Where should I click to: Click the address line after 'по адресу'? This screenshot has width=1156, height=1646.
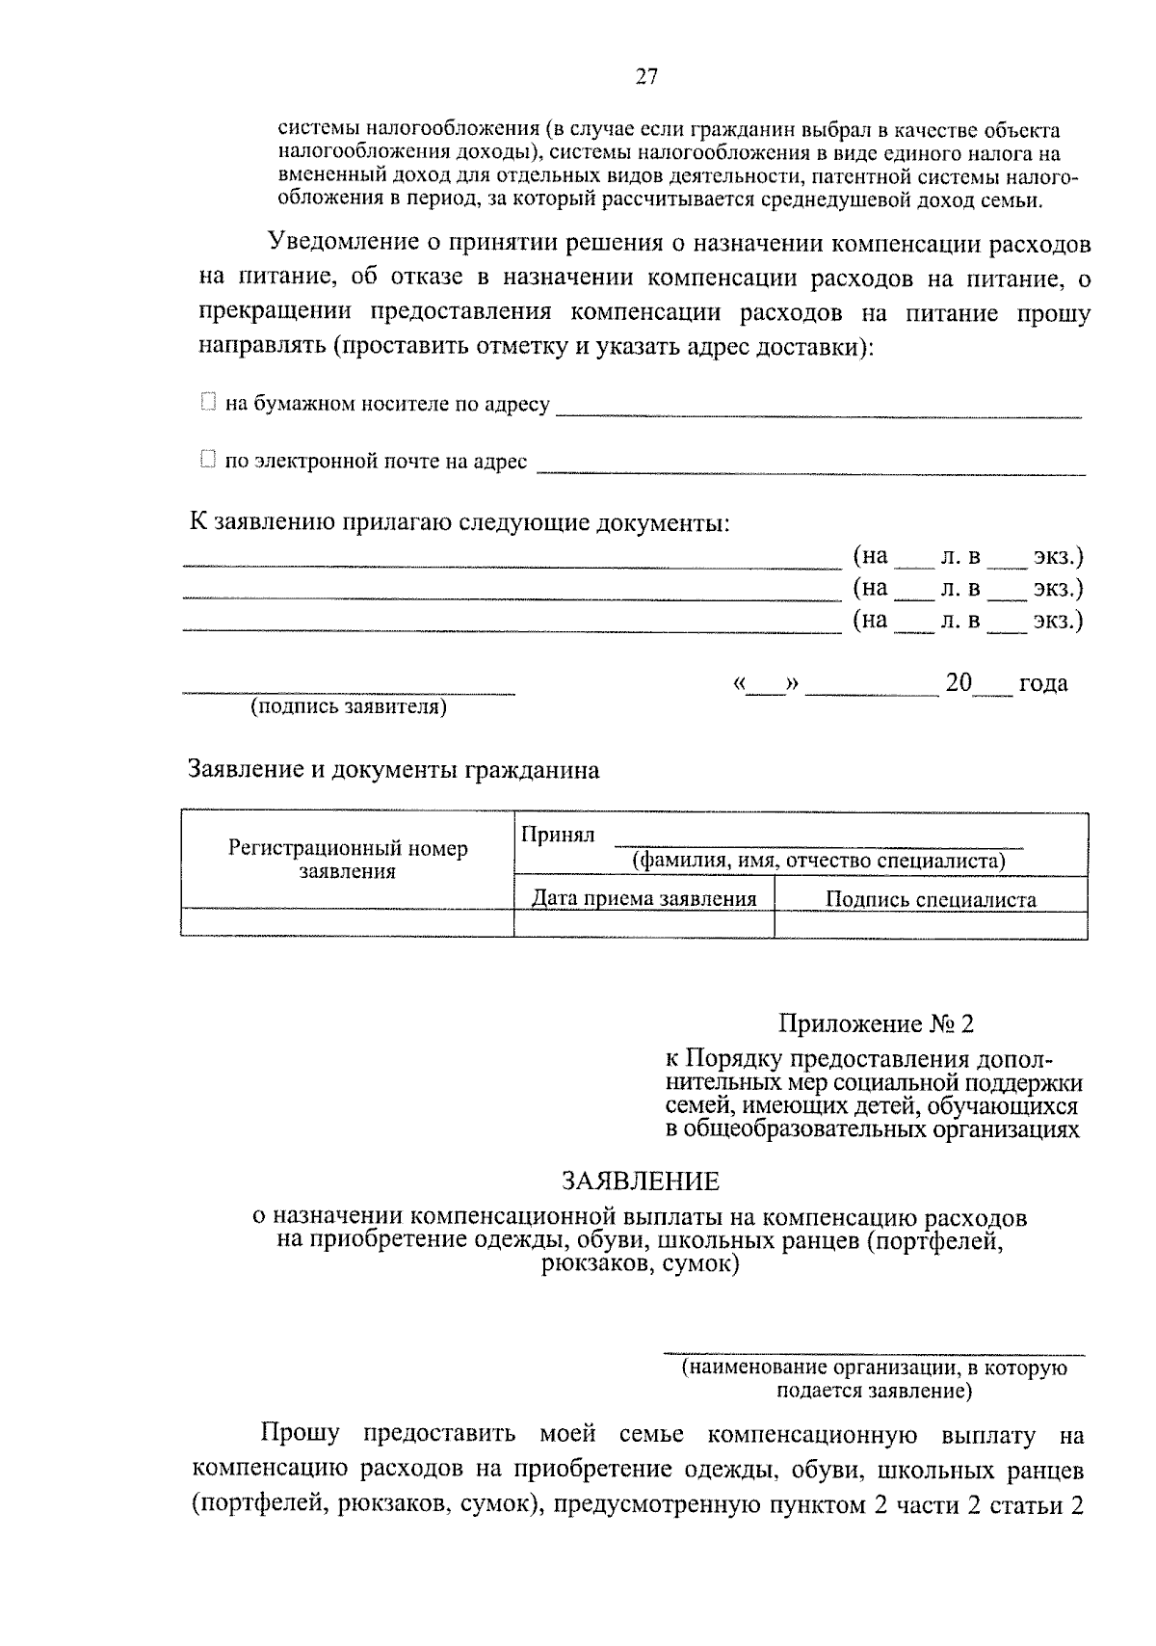(819, 412)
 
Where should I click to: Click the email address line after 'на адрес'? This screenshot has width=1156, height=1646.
(809, 470)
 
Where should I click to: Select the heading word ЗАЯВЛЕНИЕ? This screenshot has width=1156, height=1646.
(641, 1181)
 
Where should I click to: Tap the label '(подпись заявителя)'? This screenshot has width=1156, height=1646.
(349, 706)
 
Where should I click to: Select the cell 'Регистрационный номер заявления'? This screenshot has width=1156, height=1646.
(348, 860)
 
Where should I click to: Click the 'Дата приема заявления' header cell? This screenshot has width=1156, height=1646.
(644, 899)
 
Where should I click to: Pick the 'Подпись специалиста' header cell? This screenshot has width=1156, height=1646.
(931, 900)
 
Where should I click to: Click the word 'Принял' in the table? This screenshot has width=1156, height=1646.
(558, 835)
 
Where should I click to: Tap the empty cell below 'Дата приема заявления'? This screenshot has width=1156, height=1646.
(644, 923)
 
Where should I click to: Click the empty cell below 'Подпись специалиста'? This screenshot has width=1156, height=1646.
(931, 923)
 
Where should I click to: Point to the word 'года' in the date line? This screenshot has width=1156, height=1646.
(1043, 683)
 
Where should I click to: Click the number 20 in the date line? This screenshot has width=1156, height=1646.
(959, 682)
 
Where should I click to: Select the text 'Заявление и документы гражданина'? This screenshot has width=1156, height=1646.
(393, 770)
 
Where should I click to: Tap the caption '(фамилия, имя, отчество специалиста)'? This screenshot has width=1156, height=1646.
(818, 861)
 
